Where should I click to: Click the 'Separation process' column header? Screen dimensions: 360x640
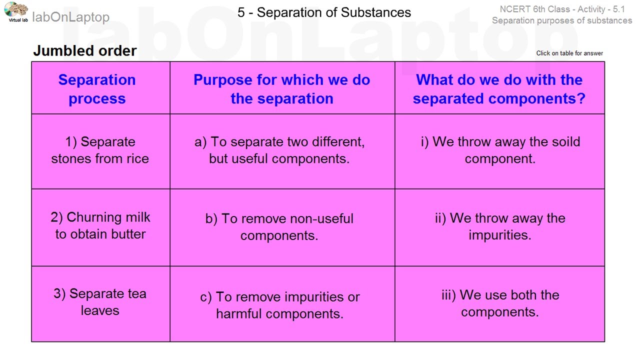[x=97, y=89]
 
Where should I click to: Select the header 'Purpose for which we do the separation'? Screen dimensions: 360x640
[x=281, y=89]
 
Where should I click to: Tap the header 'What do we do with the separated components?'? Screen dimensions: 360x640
[x=499, y=89]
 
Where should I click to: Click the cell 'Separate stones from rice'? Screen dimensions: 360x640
[x=100, y=150]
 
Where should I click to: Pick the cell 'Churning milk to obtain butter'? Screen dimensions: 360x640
[x=100, y=225]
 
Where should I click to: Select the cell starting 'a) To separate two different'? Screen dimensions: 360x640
[x=279, y=150]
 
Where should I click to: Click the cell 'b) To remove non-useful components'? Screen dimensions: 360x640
[x=279, y=226]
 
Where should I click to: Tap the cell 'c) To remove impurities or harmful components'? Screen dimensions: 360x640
[x=279, y=305]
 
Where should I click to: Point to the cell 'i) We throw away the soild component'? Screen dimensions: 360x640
[x=500, y=150]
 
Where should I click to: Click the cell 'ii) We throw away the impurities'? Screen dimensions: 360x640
[x=500, y=226]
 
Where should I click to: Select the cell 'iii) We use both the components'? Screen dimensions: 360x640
[x=500, y=303]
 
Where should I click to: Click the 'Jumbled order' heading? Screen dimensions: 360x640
[x=84, y=51]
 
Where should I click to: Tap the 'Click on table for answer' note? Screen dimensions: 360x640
[x=569, y=53]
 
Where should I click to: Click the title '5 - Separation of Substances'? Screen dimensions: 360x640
[x=324, y=12]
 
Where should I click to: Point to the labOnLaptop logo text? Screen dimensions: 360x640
[x=70, y=17]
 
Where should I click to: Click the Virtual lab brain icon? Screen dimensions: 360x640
[x=16, y=10]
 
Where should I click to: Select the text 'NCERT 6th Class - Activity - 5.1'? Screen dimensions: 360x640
[x=562, y=9]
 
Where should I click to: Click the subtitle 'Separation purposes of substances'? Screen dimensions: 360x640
[x=562, y=20]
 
